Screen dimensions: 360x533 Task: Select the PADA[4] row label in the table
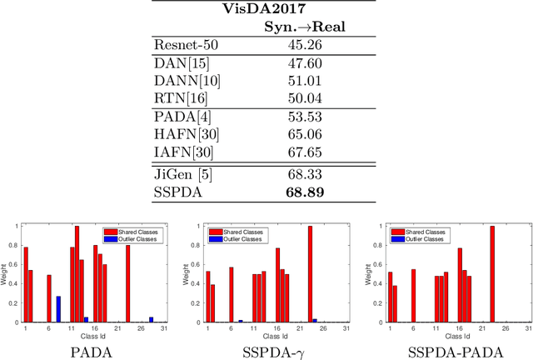[x=179, y=118]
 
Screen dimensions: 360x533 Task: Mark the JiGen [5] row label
[x=182, y=174]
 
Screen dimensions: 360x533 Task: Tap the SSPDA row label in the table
[x=176, y=192]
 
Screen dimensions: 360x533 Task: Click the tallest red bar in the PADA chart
[x=77, y=273]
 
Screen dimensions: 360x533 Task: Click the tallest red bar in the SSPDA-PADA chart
[x=492, y=273]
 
